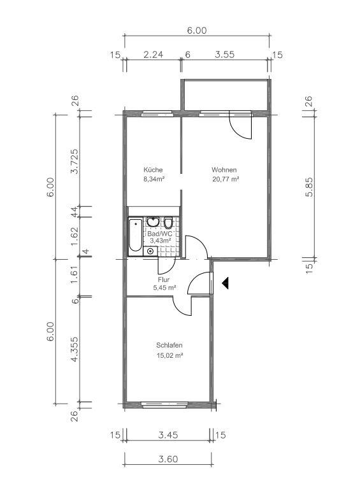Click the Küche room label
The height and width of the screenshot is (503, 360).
coord(153,170)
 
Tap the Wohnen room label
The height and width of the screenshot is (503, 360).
coord(224,170)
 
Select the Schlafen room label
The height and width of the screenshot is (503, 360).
coord(169,346)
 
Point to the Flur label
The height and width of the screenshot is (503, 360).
coord(164,280)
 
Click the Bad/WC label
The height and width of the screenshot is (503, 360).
coord(157,234)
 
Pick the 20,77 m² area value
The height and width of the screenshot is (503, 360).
coord(226,180)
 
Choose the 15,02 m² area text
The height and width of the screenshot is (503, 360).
coord(169,355)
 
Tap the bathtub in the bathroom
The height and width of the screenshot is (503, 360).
coord(135,234)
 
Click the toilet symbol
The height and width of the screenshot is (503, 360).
coord(168,222)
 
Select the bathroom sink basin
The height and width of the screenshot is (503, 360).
coord(153,222)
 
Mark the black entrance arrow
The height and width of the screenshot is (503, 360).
coord(225,283)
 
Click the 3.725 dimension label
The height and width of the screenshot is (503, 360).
coord(75,161)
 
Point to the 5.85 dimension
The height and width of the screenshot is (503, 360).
coord(309,187)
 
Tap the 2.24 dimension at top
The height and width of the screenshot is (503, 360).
coord(153,55)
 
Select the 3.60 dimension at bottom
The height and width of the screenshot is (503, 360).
coord(168,459)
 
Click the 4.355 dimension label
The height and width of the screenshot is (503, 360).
coord(75,350)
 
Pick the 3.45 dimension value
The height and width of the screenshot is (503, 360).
coord(168,435)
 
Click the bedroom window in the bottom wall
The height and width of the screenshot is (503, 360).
coord(165,405)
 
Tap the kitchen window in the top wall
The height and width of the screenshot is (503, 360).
coord(157,113)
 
